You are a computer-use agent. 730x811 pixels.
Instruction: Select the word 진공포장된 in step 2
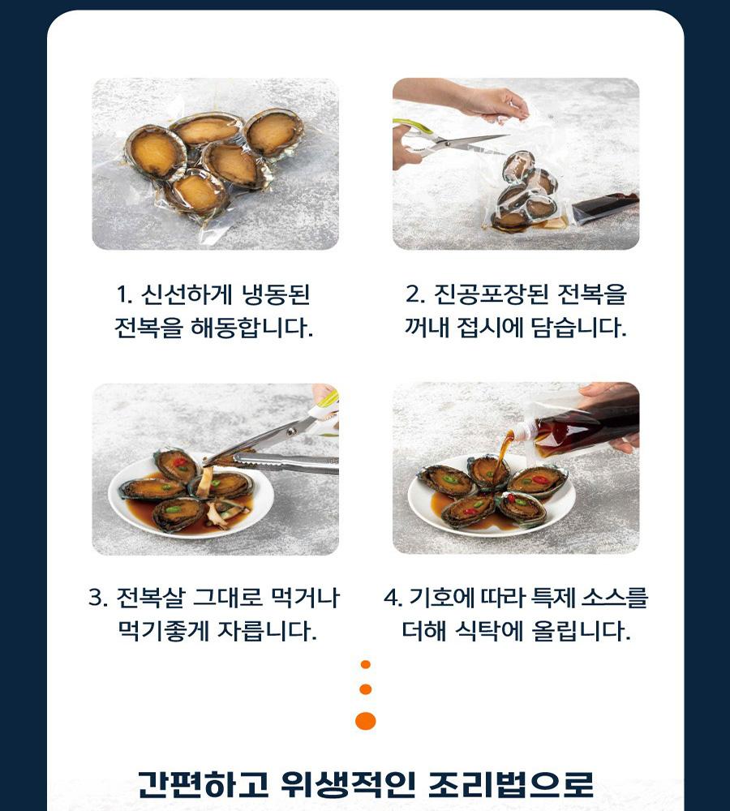point(491,294)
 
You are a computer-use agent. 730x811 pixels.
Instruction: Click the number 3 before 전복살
point(96,598)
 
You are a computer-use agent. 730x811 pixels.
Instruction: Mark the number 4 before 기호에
point(392,598)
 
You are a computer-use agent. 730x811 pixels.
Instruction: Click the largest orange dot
point(366,721)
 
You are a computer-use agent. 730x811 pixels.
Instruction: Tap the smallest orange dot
point(366,665)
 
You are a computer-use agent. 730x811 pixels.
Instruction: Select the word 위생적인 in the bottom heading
point(348,784)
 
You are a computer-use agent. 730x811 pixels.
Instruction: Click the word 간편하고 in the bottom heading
point(204,784)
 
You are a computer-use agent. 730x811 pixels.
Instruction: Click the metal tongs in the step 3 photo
point(286,461)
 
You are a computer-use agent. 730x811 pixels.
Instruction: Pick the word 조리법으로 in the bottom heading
point(511,784)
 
